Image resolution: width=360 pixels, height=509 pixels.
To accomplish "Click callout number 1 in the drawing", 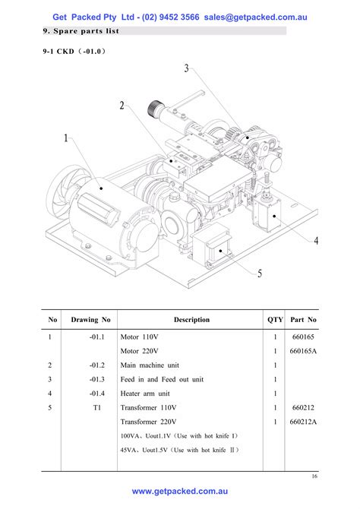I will (x=66, y=138).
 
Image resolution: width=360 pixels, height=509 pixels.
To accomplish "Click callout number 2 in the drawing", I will (x=121, y=105).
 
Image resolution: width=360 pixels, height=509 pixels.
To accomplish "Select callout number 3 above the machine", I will (x=186, y=69).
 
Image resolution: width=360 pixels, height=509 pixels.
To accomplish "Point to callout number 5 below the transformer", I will (x=260, y=273).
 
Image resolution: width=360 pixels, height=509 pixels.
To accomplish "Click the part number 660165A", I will (x=303, y=350).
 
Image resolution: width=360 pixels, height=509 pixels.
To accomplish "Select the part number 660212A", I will (x=303, y=421).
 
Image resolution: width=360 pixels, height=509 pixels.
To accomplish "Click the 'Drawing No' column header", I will (x=90, y=320).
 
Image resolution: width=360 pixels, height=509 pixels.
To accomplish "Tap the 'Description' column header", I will (x=191, y=320).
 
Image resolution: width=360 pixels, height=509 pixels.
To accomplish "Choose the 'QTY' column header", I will (x=274, y=320).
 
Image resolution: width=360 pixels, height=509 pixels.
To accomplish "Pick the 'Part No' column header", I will (x=303, y=320).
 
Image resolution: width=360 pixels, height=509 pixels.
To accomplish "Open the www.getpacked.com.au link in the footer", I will (x=179, y=492).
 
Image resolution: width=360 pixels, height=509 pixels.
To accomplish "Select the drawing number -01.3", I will (x=95, y=379).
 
